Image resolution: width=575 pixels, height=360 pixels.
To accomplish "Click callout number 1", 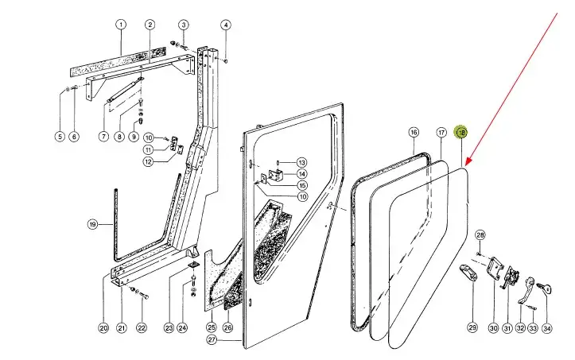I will [x=122, y=25].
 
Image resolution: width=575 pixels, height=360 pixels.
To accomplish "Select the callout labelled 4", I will [x=225, y=25].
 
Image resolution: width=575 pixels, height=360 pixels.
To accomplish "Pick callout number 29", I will [x=472, y=328].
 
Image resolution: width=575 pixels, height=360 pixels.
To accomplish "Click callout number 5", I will [x=59, y=137].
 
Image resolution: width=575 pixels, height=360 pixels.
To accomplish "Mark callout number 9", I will [x=134, y=137].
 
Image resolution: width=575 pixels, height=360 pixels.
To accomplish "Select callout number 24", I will [x=182, y=328].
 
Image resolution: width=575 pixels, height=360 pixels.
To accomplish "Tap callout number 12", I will [x=148, y=162].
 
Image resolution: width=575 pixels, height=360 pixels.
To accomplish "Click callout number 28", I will [x=480, y=234].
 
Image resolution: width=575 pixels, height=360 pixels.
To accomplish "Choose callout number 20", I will [x=103, y=328].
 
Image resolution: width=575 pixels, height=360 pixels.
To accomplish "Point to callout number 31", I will [x=507, y=328].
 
